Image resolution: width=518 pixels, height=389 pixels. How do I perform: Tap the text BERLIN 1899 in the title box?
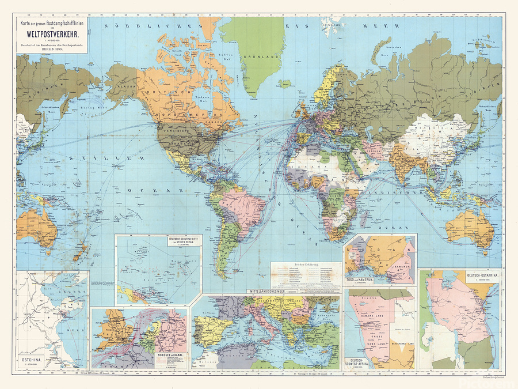[52, 50]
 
